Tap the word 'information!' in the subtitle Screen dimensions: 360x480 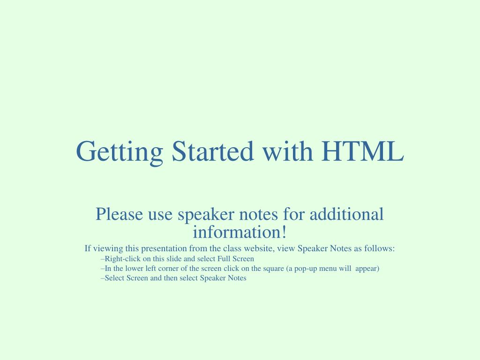(x=240, y=232)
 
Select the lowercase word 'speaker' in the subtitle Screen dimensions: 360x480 (x=206, y=215)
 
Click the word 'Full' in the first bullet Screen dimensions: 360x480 (x=224, y=258)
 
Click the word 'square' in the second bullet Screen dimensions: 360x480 (x=274, y=269)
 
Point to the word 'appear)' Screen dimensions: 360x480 (x=367, y=269)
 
